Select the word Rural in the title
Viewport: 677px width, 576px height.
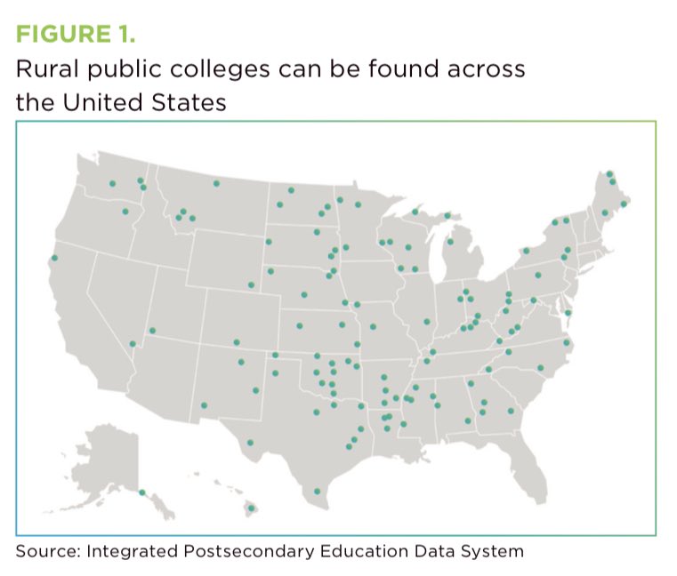click(x=44, y=71)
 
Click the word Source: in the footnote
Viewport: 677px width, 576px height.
click(x=47, y=551)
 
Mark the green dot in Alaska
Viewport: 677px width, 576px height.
click(x=141, y=492)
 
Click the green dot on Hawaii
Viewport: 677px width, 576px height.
click(x=251, y=508)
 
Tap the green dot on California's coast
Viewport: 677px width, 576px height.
click(x=54, y=259)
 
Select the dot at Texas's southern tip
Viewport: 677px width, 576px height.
click(x=318, y=491)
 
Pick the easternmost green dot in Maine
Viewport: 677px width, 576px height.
click(x=624, y=204)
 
